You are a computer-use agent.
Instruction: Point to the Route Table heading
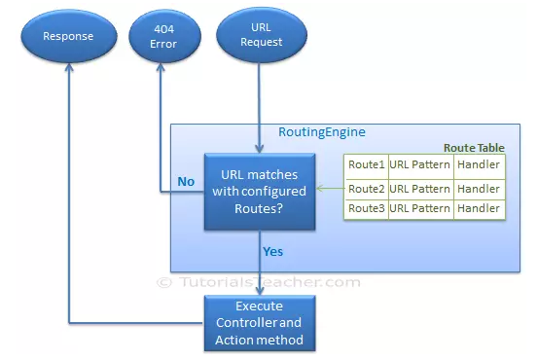[474, 147]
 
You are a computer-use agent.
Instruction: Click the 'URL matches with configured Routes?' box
[259, 191]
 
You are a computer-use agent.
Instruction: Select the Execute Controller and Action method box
[259, 324]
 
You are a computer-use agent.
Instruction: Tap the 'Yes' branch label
[273, 251]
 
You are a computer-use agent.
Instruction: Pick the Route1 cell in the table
[367, 165]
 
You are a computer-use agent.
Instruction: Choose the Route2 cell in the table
[367, 189]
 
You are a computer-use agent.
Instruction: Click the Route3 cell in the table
[367, 209]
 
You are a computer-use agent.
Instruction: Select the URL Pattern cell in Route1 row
[420, 165]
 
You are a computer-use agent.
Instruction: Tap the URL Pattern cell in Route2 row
[420, 189]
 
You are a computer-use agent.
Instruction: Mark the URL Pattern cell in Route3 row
[420, 209]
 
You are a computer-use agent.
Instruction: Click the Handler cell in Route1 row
[479, 165]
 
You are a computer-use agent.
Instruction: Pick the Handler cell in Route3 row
[479, 209]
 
